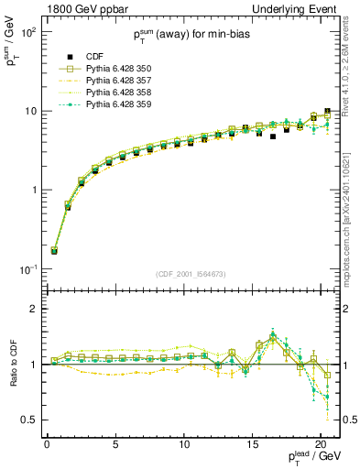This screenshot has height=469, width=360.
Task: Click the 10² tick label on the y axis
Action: (x=28, y=32)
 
